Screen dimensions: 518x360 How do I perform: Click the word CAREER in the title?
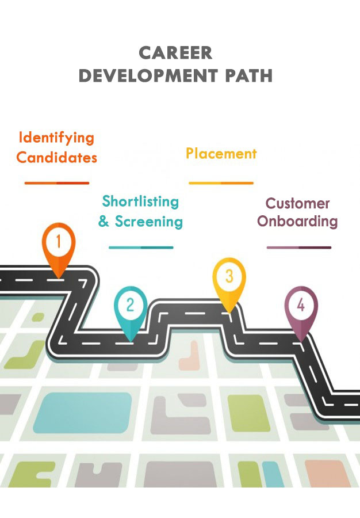click(x=175, y=53)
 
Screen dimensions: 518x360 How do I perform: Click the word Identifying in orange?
click(x=56, y=138)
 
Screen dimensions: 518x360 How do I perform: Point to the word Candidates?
click(x=56, y=157)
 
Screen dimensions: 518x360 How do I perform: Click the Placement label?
click(x=221, y=154)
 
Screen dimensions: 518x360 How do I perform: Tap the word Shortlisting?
click(x=140, y=201)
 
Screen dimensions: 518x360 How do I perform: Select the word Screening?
click(x=149, y=221)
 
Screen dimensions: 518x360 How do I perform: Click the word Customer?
click(x=297, y=203)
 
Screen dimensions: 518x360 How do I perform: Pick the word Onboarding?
click(x=297, y=222)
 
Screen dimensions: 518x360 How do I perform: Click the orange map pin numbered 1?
click(x=59, y=245)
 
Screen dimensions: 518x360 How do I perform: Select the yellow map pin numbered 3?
click(x=229, y=279)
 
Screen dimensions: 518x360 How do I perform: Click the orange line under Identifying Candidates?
click(x=57, y=183)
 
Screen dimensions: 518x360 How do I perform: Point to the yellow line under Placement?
click(x=221, y=183)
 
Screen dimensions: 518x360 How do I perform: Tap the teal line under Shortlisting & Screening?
click(x=141, y=247)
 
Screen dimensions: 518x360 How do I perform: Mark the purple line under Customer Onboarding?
click(x=298, y=247)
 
